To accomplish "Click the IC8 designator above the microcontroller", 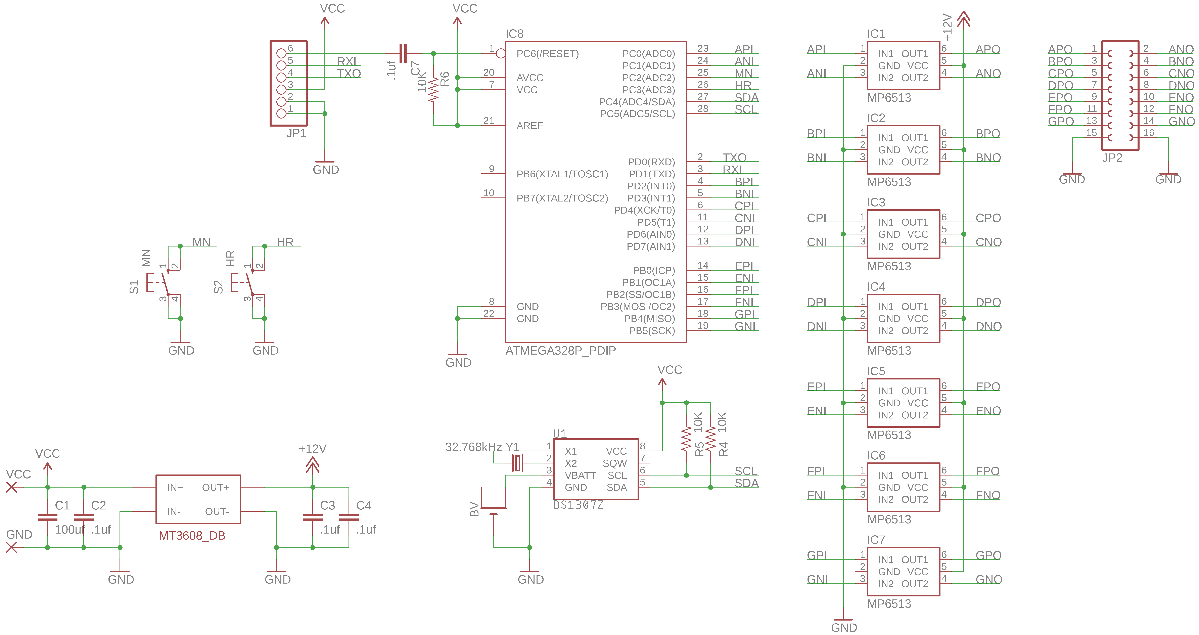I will coord(514,34).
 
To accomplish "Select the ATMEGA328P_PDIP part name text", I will coord(560,351).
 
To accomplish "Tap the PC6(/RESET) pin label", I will coord(547,54).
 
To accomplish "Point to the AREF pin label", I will coord(530,126).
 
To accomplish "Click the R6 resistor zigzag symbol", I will coord(433,89).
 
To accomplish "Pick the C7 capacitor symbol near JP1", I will coord(403,54).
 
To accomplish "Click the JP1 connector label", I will coord(296,133).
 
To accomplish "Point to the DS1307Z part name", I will coord(578,505).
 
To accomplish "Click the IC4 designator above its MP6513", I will coord(876,287).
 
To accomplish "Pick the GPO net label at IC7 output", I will coord(988,555).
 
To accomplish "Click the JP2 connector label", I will coord(1112,158).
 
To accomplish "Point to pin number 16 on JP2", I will coord(1149,133).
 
